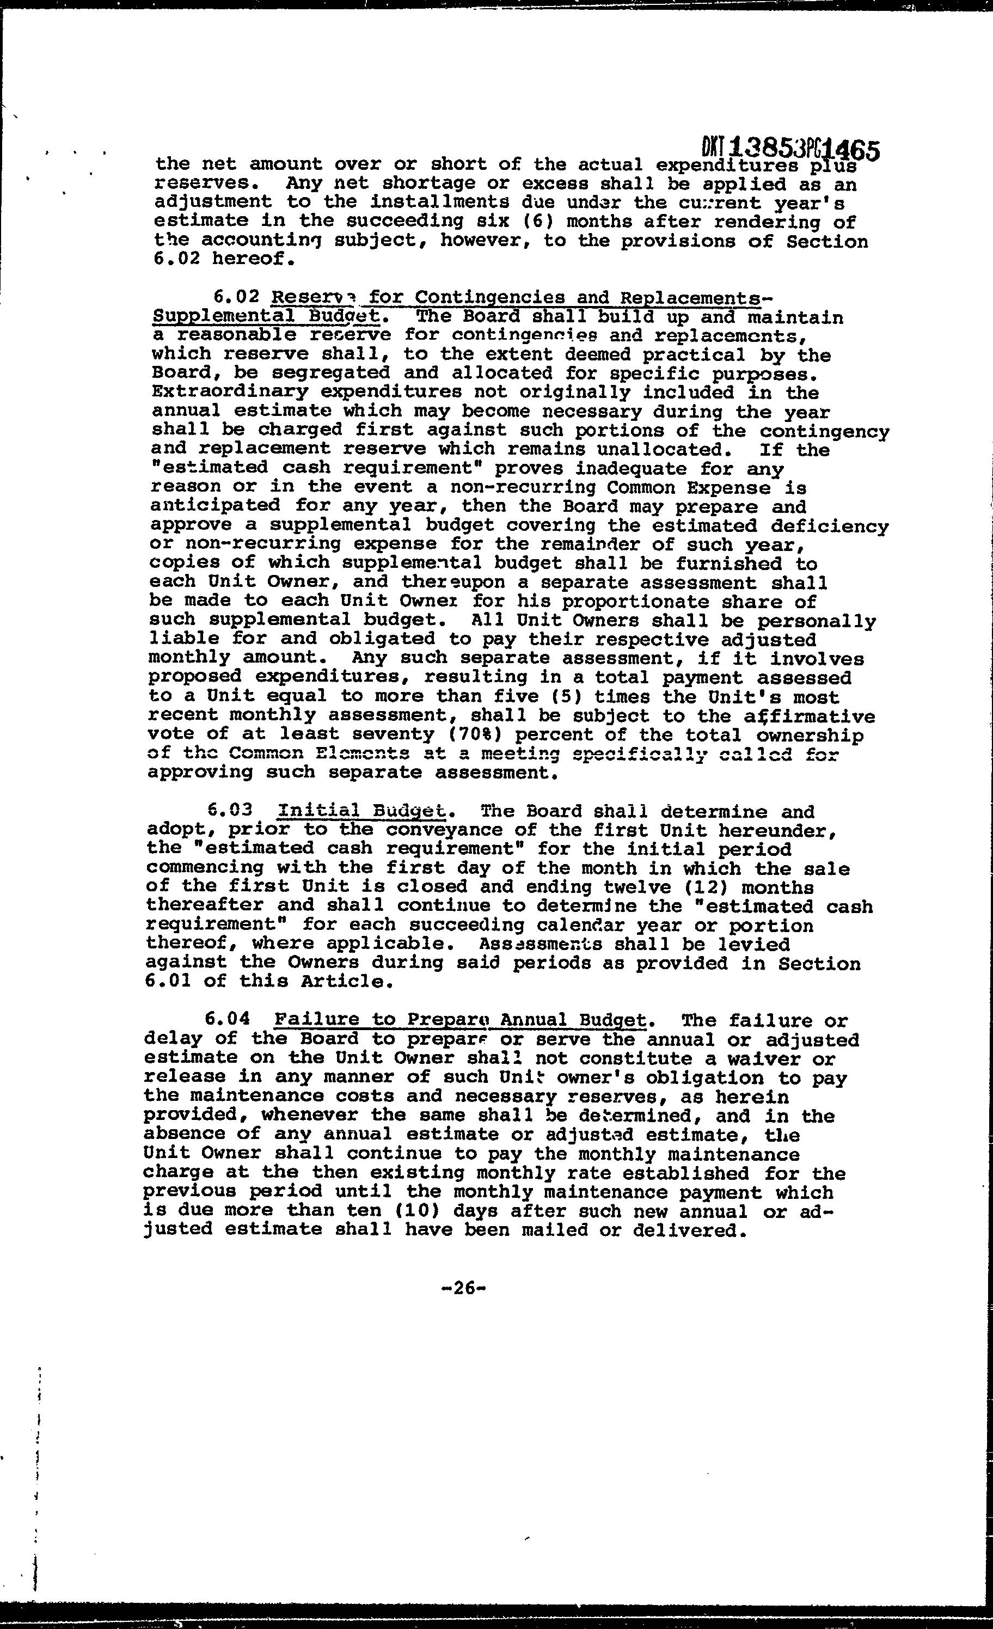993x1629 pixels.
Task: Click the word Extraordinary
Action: coord(229,392)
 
